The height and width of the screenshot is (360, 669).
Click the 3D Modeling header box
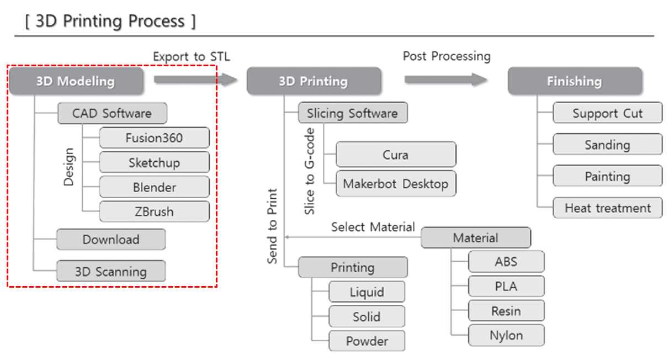click(76, 81)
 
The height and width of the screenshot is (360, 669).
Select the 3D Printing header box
click(313, 81)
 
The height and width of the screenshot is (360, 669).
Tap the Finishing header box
click(574, 81)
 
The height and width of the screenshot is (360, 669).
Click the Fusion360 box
click(154, 137)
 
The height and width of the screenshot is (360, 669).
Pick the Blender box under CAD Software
click(154, 187)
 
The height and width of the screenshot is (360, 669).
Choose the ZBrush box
click(154, 211)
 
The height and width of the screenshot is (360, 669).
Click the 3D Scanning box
click(110, 272)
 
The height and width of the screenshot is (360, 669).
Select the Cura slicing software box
click(395, 155)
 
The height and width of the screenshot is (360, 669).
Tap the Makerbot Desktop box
click(395, 184)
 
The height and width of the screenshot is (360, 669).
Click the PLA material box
click(506, 287)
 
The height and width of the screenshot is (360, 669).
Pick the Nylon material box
click(506, 335)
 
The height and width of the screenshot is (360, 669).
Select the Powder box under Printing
click(367, 341)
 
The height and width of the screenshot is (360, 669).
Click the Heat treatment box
click(607, 208)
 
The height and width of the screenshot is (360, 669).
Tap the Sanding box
click(607, 145)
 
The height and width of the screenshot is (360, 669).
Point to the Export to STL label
click(191, 56)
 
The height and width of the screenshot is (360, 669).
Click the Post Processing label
click(446, 56)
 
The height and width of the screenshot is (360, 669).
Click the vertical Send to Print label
click(272, 226)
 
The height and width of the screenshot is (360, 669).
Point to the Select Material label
click(373, 227)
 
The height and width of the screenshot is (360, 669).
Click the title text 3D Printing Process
click(110, 22)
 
